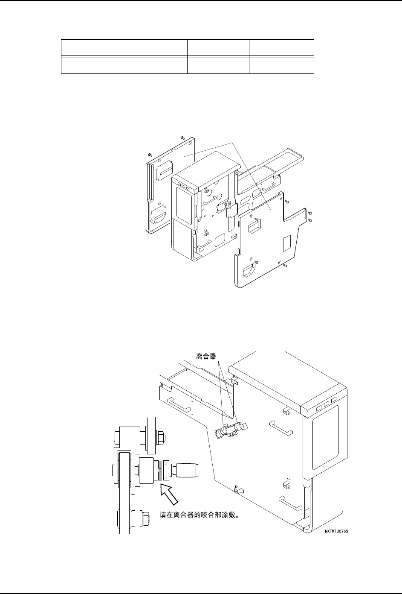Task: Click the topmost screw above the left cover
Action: pos(182,138)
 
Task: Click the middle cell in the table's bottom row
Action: pos(218,65)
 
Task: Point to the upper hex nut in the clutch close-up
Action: pos(162,437)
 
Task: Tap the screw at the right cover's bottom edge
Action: pos(285,266)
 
